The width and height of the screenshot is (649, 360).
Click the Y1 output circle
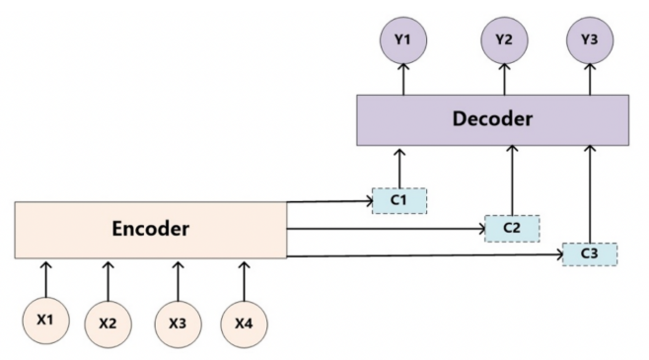403,40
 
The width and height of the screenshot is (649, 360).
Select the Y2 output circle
504,40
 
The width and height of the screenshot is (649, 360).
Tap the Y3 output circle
590,40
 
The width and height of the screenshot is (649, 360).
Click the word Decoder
492,118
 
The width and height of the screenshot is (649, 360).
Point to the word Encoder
151,229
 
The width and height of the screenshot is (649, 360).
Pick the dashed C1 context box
399,201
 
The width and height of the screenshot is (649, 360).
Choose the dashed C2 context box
512,229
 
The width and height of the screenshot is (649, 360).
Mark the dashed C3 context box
590,254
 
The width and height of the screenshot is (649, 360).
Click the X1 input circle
45,321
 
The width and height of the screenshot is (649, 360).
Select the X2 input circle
108,324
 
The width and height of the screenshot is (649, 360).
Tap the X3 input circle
178,324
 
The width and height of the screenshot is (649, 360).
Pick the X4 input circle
244,324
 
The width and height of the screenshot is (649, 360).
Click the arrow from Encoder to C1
329,202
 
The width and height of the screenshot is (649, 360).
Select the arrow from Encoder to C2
387,229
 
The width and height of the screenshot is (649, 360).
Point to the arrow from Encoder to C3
425,255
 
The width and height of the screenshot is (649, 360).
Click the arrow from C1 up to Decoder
399,169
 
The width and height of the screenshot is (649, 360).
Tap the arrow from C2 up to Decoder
512,180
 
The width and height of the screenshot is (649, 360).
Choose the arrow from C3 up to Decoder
590,194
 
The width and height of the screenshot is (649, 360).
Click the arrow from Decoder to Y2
504,79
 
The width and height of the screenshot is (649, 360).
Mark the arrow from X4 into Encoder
244,281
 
